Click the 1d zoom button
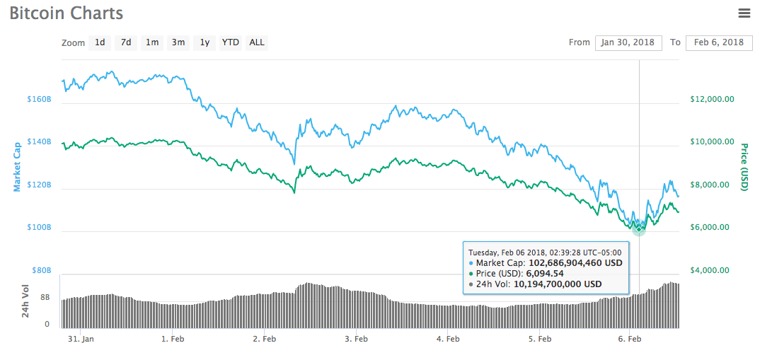pos(100,42)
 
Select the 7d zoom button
pos(126,42)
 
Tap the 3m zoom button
pos(178,42)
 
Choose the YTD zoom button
pos(231,42)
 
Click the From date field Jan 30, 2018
pos(628,42)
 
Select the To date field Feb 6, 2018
pos(719,42)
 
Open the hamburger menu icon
pos(744,13)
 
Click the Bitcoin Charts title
pos(67,13)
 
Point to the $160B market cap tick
pos(40,100)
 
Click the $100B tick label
pos(40,228)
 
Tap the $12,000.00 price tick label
pos(712,100)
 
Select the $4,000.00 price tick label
pos(712,270)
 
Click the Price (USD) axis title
pos(744,166)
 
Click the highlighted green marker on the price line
pos(639,228)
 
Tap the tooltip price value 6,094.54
pos(545,273)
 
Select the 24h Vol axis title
pos(25,301)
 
